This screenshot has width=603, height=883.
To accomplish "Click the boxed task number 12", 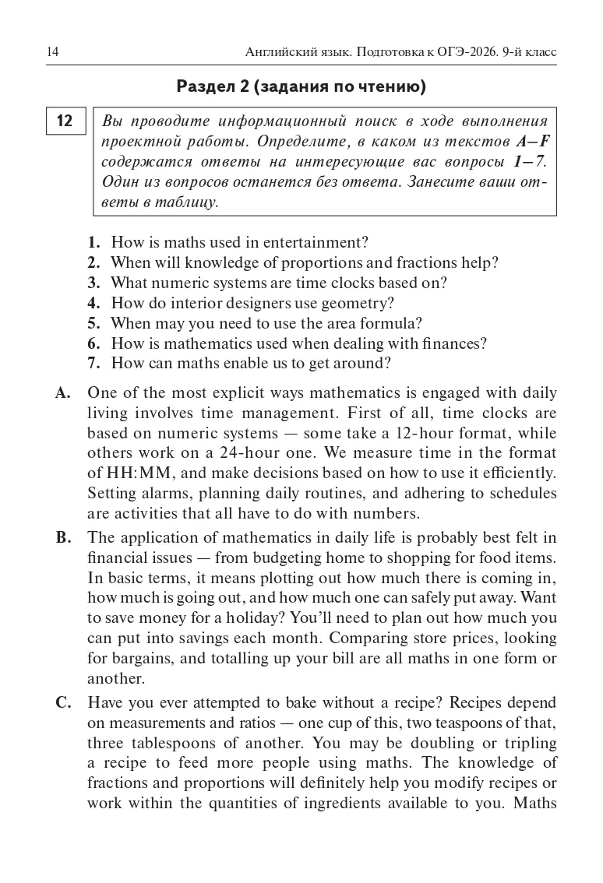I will pos(65,121).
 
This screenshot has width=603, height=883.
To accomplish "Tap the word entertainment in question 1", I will pos(316,242).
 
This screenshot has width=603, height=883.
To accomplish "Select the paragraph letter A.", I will pos(63,392).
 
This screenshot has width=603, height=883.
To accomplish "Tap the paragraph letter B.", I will pos(62,537).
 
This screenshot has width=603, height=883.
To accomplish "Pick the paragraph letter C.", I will pos(63,702).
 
